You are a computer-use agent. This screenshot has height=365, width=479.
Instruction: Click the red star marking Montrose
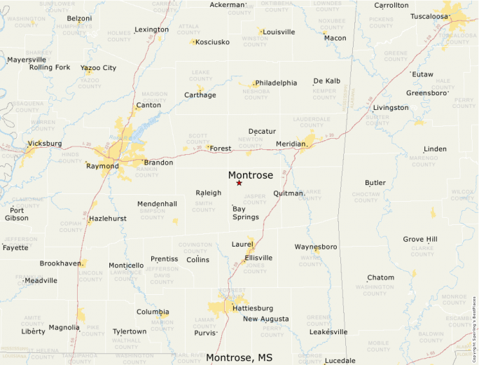tap(239, 183)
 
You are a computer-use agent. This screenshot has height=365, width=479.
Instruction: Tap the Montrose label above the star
tap(250, 175)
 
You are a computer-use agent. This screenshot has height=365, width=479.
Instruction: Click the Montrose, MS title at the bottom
tap(239, 357)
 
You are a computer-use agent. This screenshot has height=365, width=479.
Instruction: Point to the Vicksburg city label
tap(44, 144)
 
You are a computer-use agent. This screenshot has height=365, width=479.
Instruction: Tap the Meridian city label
tap(291, 144)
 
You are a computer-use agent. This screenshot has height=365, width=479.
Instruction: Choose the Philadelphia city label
tap(276, 83)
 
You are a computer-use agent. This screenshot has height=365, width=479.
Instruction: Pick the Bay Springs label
tap(245, 213)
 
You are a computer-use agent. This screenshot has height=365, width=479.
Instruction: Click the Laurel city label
tap(242, 244)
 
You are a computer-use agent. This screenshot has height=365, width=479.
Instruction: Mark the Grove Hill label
tap(420, 239)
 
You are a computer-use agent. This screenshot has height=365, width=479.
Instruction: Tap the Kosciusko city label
tap(212, 42)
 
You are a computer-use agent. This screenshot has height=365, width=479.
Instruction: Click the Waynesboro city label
tap(315, 247)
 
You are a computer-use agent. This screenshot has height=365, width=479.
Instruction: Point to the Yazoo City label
tap(98, 68)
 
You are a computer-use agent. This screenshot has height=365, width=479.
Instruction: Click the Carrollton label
tap(391, 5)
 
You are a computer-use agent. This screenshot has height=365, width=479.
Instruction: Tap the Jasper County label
tap(255, 199)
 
